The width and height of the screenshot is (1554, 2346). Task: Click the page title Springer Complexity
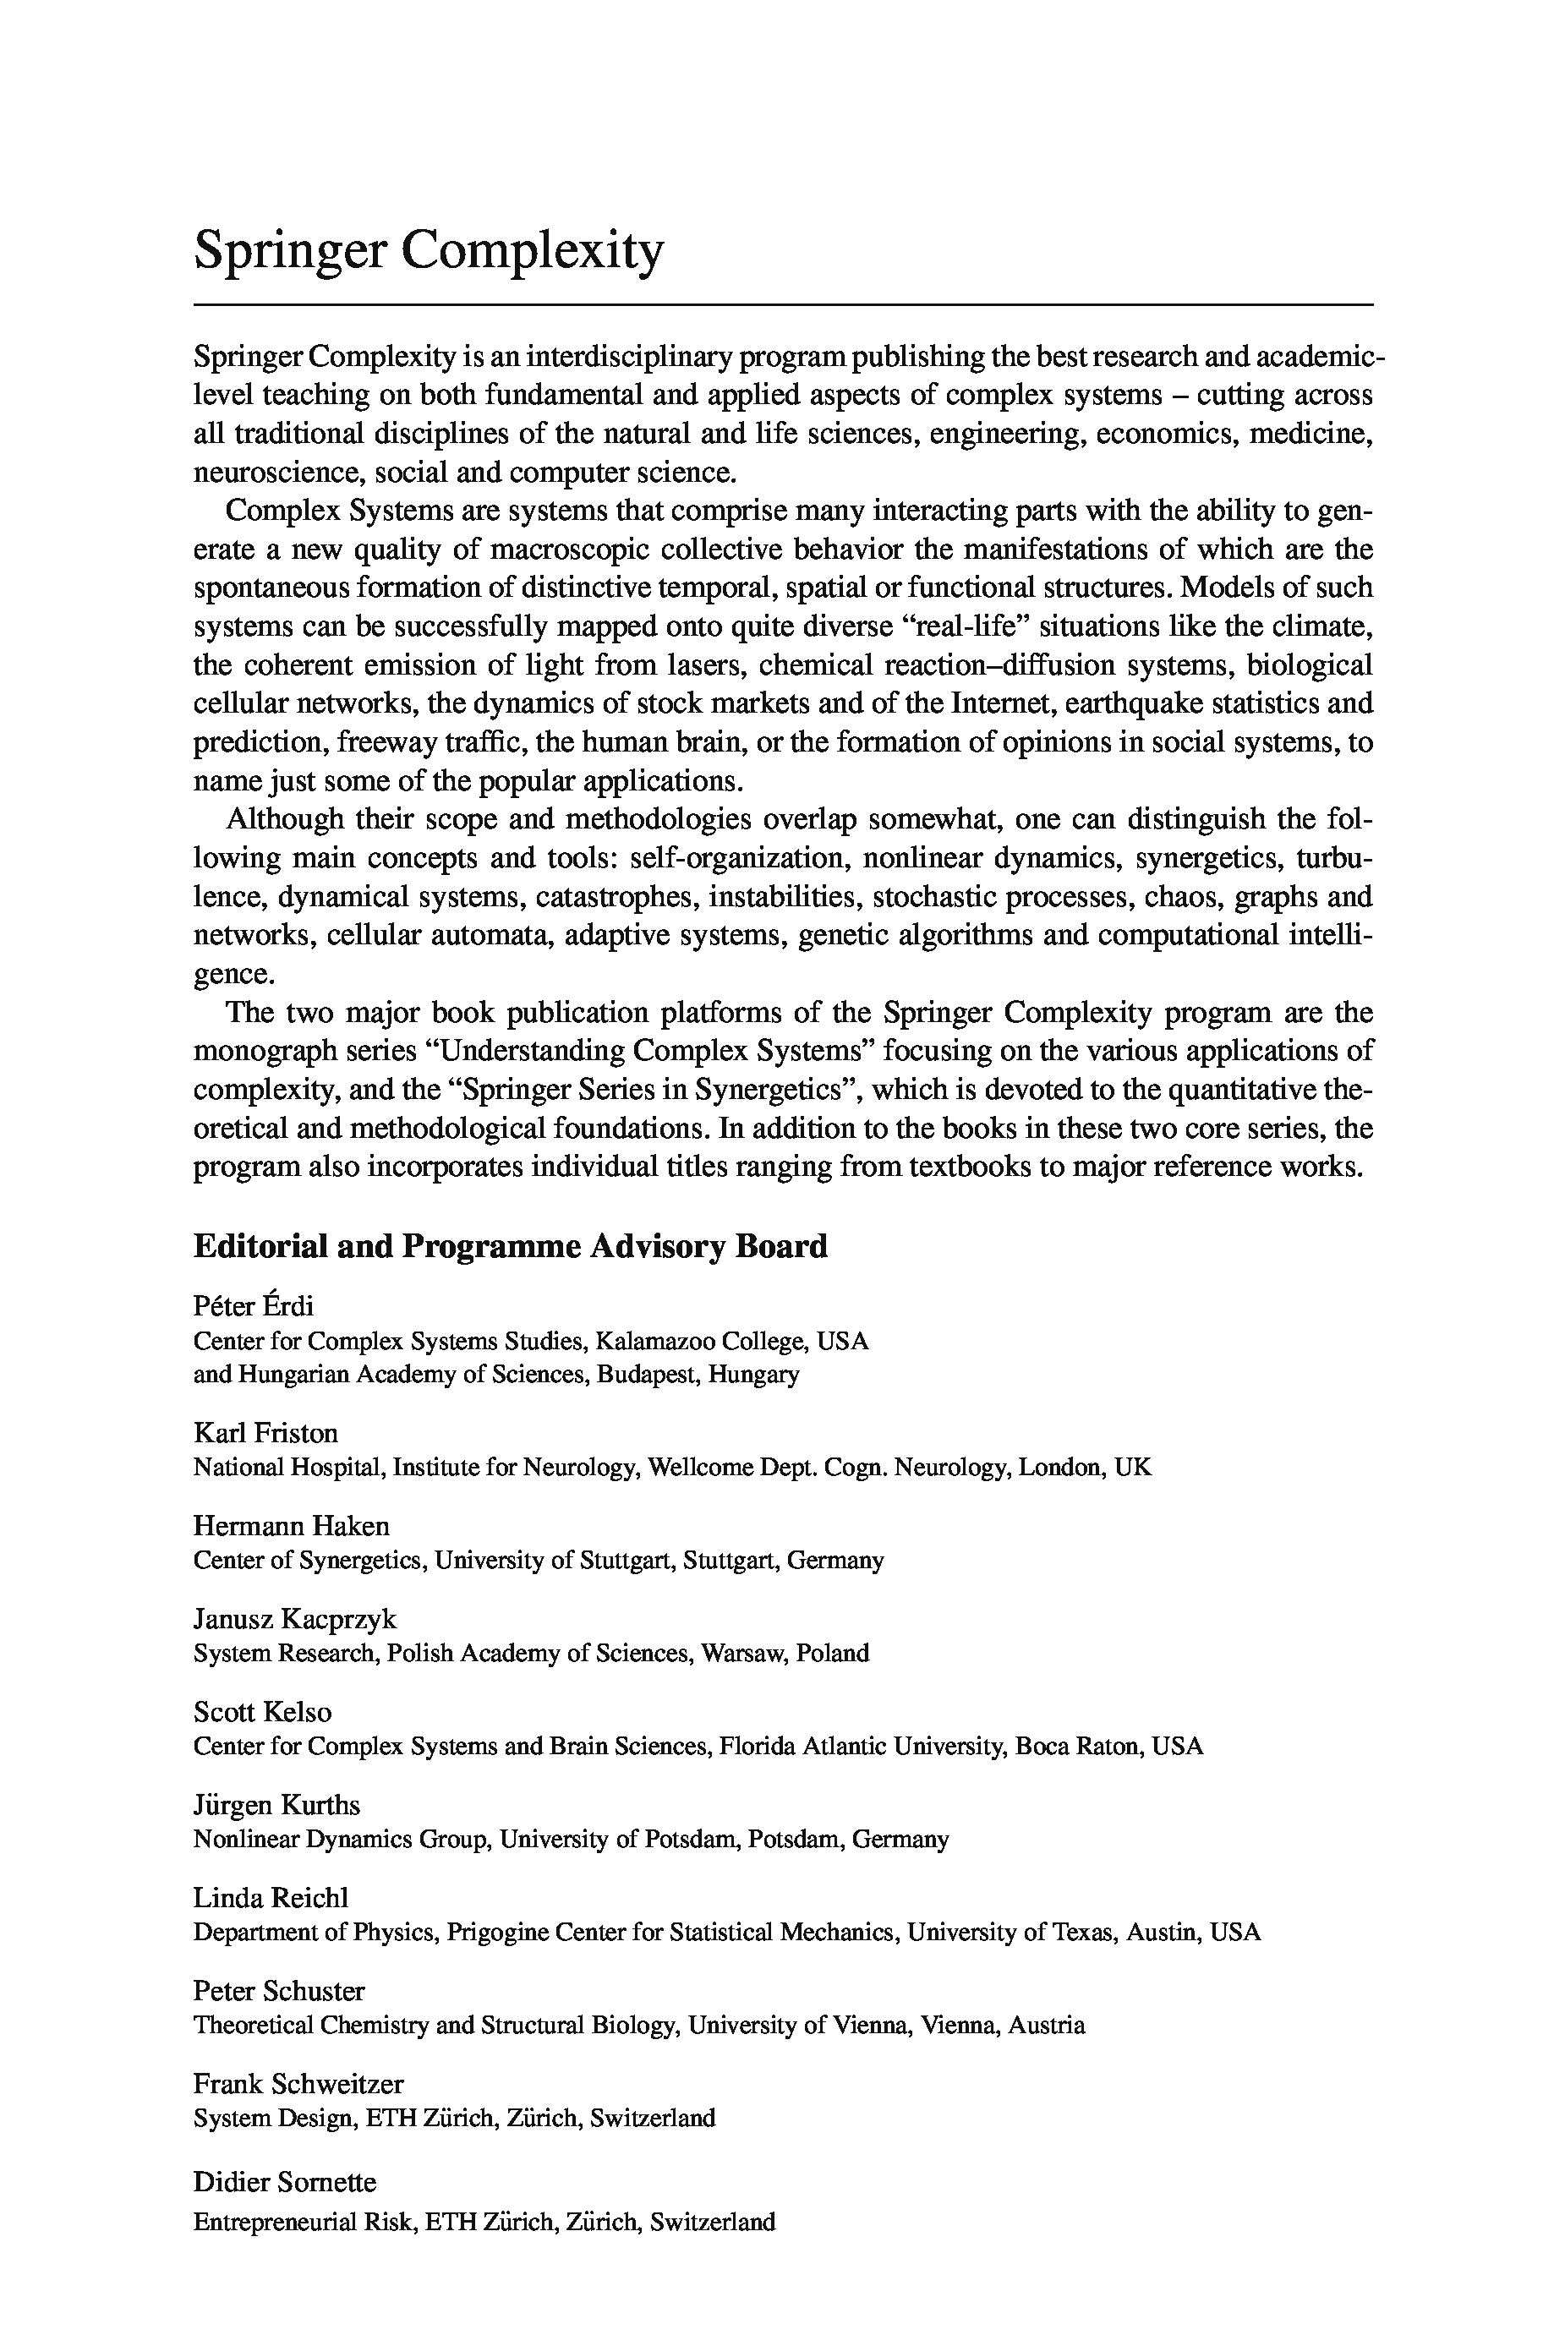click(428, 249)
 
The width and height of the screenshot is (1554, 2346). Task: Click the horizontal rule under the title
click(783, 304)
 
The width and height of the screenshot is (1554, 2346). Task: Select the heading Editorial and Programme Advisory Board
click(511, 1246)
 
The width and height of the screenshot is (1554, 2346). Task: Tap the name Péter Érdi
click(254, 1306)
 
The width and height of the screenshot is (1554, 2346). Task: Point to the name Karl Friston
click(265, 1433)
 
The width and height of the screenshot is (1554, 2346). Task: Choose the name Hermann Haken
click(292, 1525)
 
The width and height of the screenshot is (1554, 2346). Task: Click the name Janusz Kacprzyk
click(295, 1619)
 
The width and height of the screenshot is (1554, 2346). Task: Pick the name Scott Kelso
click(263, 1712)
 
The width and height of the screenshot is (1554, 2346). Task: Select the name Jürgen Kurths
click(276, 1804)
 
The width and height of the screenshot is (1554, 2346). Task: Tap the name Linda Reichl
click(271, 1897)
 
